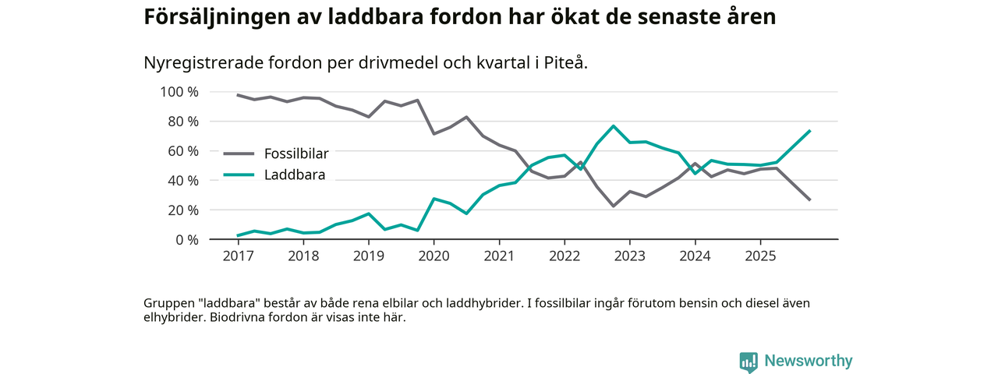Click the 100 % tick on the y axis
coord(179,92)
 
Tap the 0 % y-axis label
coord(186,239)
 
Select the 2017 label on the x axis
coord(238,255)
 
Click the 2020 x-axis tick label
coord(434,255)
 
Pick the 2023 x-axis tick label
coord(629,255)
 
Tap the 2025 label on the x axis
coord(760,255)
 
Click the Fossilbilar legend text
coord(296,153)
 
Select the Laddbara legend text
coord(295,175)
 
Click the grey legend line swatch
coord(239,153)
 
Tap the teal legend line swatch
coord(239,175)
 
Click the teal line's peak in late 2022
coord(614,126)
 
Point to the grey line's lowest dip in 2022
coord(614,206)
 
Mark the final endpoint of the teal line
coord(810,131)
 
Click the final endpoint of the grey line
coord(810,200)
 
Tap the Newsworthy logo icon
coord(748,362)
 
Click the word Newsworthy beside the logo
coord(808,362)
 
